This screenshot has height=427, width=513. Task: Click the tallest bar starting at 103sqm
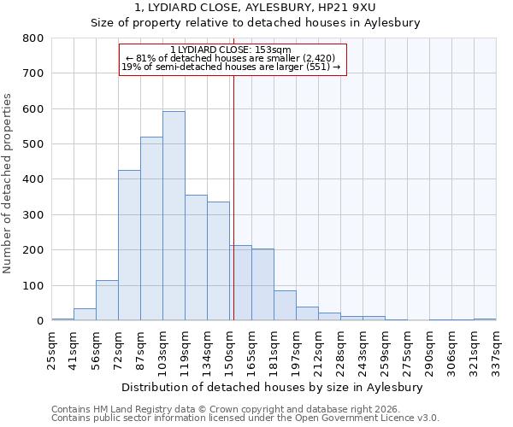(x=174, y=216)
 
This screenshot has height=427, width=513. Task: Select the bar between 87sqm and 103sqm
(x=151, y=229)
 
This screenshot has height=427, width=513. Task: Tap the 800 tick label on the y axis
(x=33, y=38)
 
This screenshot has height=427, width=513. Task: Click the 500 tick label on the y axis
(x=33, y=144)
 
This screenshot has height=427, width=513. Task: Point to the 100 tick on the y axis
(x=33, y=286)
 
